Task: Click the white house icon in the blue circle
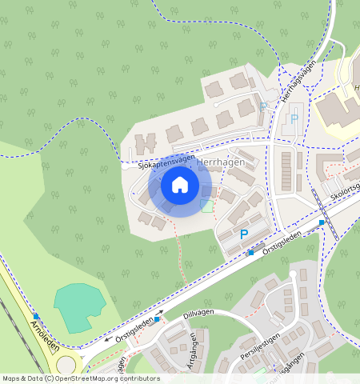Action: point(180,186)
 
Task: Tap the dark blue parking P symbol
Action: point(244,234)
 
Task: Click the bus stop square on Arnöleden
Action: point(36,316)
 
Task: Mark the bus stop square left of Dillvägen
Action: point(158,318)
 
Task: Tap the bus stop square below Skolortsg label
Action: point(322,222)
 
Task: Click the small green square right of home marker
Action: point(208,206)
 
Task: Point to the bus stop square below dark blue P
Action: point(250,253)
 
